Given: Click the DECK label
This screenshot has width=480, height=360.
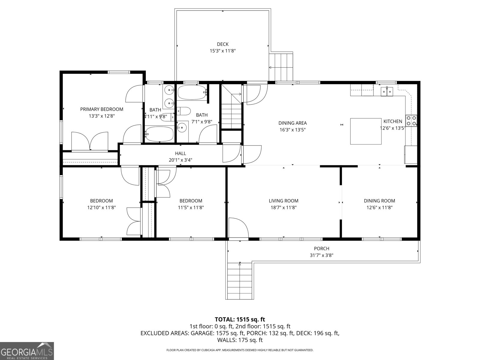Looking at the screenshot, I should pyautogui.click(x=223, y=44).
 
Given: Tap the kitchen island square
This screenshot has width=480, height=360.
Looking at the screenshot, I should pyautogui.click(x=366, y=131).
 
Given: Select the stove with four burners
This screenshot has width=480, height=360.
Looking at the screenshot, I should pyautogui.click(x=411, y=121).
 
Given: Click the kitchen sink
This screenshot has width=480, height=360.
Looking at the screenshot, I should pyautogui.click(x=387, y=91).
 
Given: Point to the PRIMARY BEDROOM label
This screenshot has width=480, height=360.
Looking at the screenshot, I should pyautogui.click(x=102, y=109).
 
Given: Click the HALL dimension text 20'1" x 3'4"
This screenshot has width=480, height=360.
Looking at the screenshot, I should pyautogui.click(x=180, y=160).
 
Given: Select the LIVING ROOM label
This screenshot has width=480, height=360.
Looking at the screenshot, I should pyautogui.click(x=283, y=201).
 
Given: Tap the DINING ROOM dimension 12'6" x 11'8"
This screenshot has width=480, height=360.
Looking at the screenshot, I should pyautogui.click(x=379, y=207).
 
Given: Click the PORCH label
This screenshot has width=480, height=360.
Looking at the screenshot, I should pyautogui.click(x=321, y=248).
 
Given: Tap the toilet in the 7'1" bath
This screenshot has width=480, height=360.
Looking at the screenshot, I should pyautogui.click(x=184, y=111).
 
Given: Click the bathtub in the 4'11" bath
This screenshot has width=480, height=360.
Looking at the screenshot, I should pyautogui.click(x=159, y=134).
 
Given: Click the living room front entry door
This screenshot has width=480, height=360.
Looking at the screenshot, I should pyautogui.click(x=238, y=228).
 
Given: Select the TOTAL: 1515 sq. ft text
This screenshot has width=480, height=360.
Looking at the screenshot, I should pyautogui.click(x=240, y=319).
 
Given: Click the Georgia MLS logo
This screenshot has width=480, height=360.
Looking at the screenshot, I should pyautogui.click(x=27, y=351).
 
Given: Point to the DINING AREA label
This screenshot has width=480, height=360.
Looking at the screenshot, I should pyautogui.click(x=292, y=123).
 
